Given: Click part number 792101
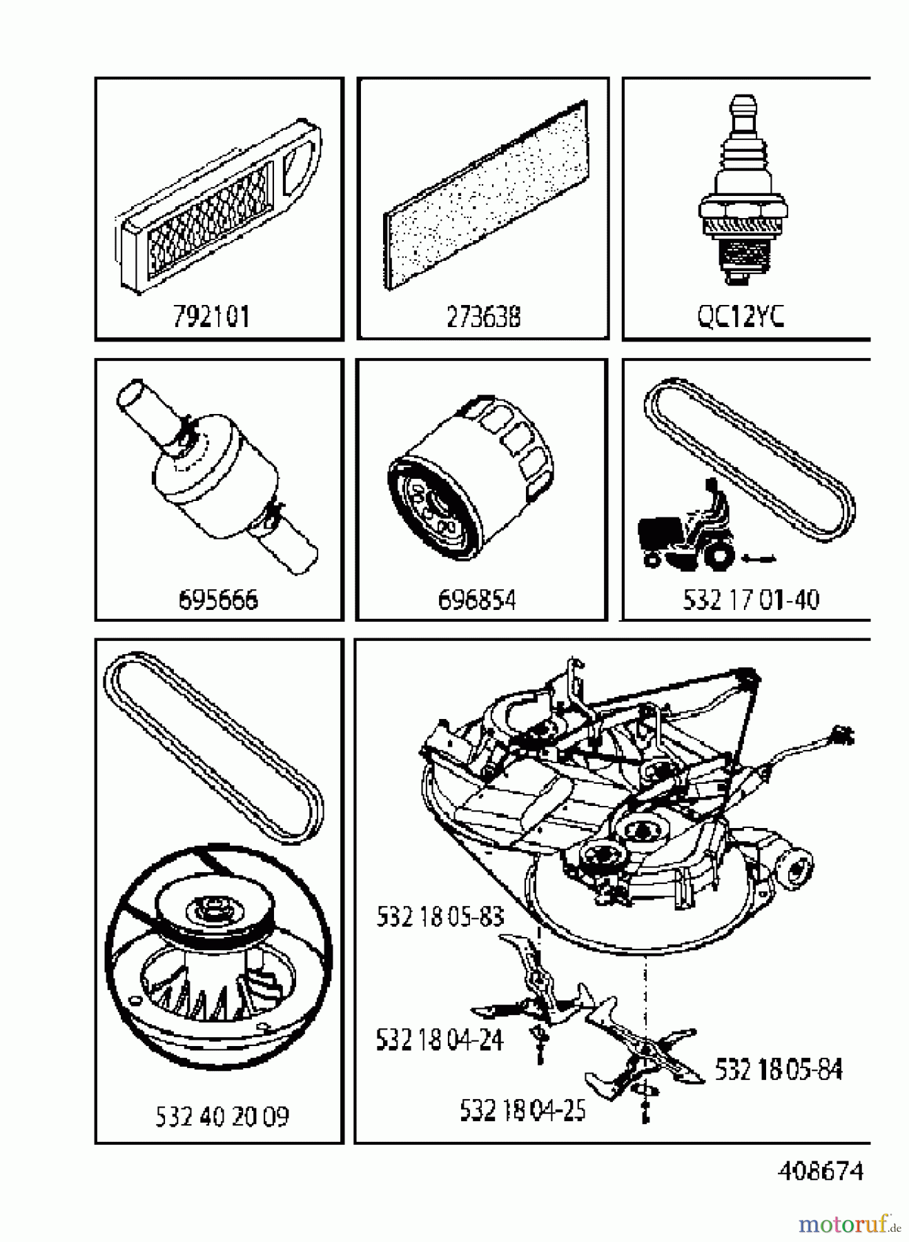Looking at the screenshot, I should point(211,317).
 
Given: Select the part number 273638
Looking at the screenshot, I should point(483,317).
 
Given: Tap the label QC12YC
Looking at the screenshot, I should point(740,317).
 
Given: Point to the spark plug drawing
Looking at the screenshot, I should point(743,193).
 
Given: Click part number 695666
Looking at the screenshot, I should point(218,599).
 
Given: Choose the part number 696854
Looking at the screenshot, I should point(477,599).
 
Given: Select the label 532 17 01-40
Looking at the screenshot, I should point(751,599).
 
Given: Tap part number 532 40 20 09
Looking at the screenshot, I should point(222,1116).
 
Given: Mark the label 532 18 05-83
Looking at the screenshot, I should point(440,916).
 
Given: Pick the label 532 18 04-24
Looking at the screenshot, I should point(439,1039).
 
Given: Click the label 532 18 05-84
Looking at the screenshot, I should point(779,1069).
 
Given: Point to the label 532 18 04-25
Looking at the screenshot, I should point(522,1110).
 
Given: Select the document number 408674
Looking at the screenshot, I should point(820,1171).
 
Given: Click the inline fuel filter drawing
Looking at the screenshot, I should point(215,476).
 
